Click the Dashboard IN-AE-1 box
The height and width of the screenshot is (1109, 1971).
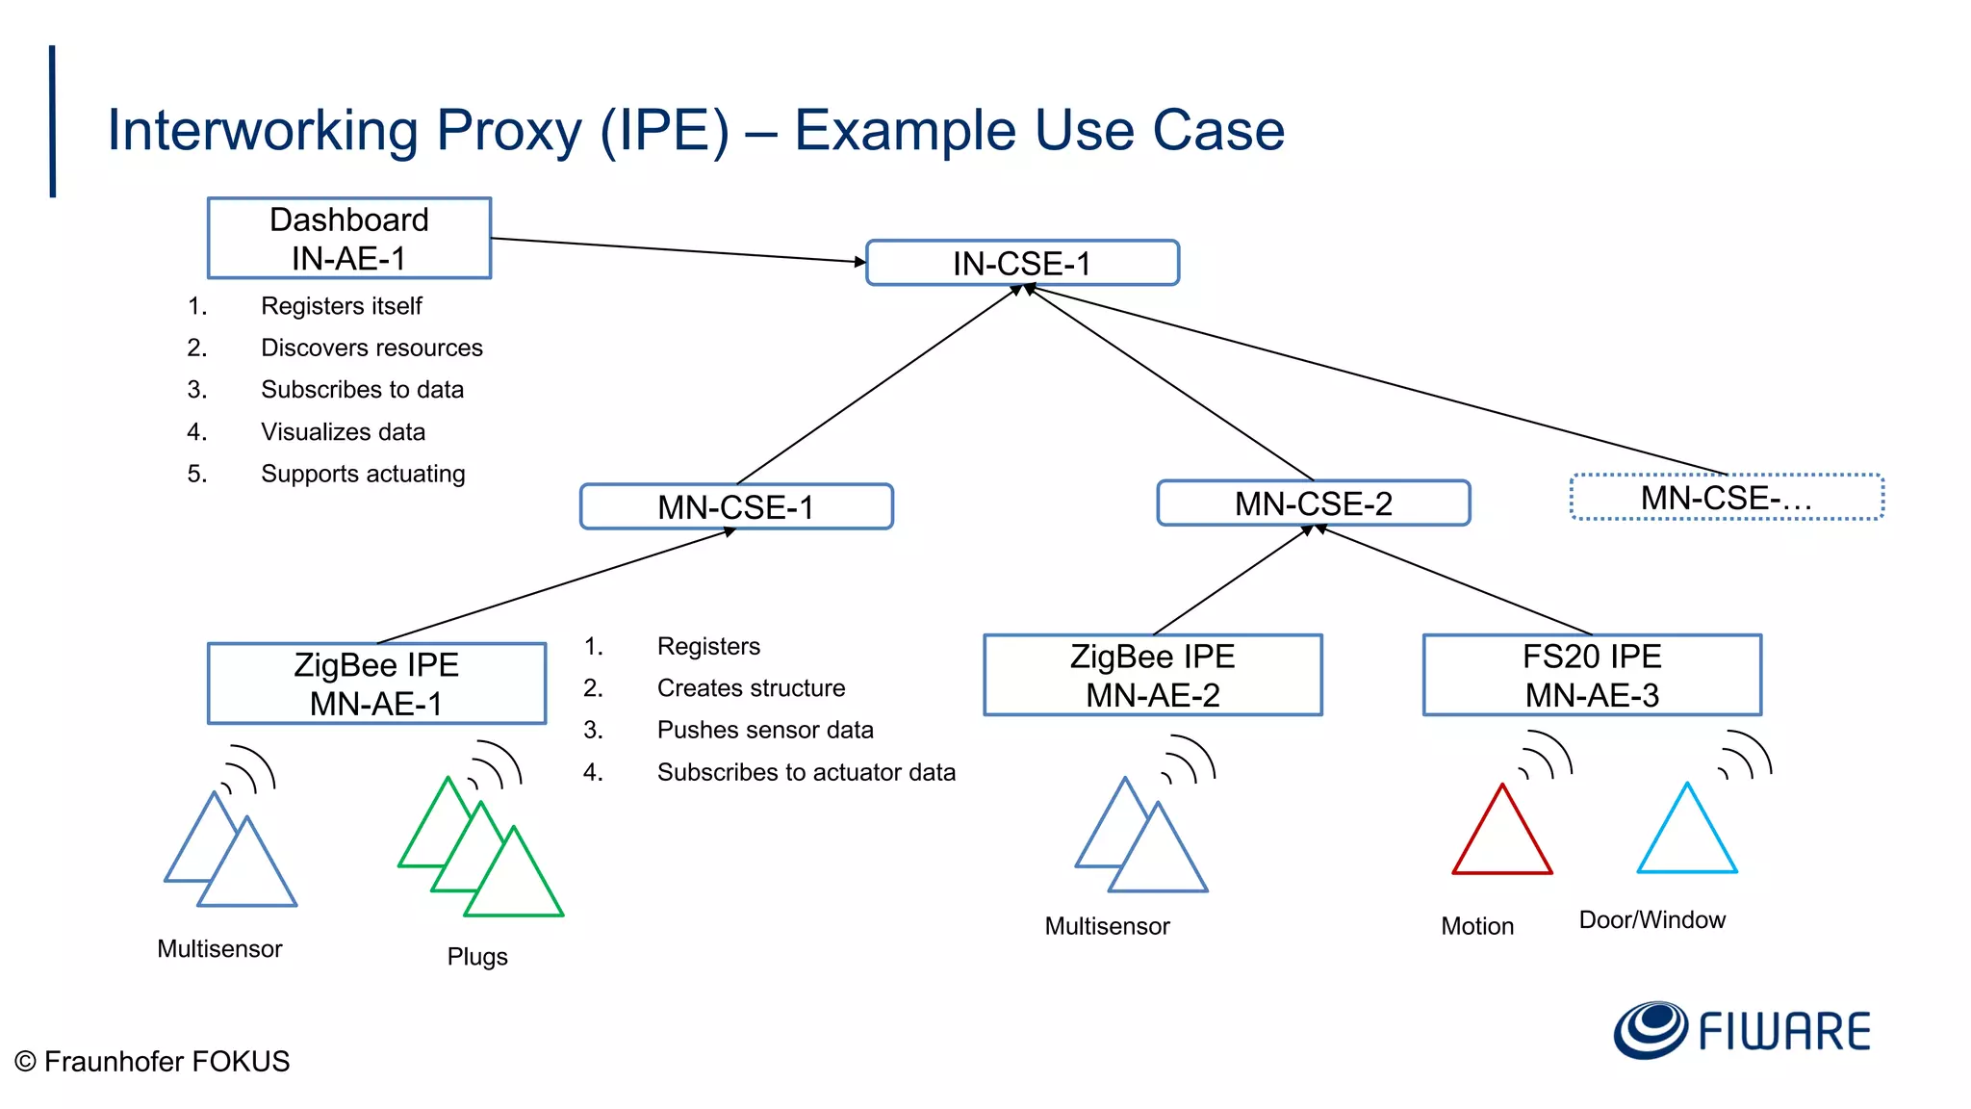coord(349,239)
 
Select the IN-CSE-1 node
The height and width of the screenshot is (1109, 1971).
coord(1022,263)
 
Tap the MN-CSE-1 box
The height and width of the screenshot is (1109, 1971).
coord(736,506)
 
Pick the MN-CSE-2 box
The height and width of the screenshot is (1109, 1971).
coord(1313,503)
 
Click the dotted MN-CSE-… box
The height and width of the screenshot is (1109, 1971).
coord(1726,498)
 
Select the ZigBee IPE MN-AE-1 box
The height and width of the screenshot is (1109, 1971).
coord(376,683)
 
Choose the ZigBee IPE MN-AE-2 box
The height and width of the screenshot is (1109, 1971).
coord(1152,675)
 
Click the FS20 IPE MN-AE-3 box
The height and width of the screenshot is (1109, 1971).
coord(1592,675)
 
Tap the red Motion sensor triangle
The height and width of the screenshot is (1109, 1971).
coord(1501,838)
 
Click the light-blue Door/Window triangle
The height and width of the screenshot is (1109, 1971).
coord(1687,836)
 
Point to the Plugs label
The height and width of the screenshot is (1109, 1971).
coord(477,956)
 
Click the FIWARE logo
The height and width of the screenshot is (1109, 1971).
coord(1742,1030)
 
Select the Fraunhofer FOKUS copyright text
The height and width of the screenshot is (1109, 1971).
coord(152,1061)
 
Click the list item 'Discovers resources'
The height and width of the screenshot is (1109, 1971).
coord(371,348)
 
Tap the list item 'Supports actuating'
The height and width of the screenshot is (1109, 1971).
coord(363,474)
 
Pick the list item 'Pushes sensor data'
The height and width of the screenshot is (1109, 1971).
coord(765,730)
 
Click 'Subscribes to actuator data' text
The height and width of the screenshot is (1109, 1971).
coord(806,772)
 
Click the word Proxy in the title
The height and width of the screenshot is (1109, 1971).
coord(509,131)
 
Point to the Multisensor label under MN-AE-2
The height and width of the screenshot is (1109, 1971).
coord(1107,926)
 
